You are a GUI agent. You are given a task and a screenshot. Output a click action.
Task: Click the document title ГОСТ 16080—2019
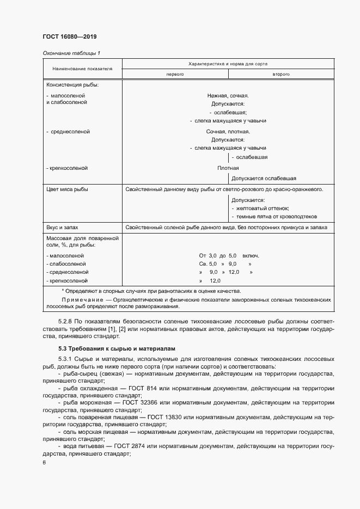point(69,36)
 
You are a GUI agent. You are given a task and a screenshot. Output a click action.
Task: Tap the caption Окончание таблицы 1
point(71,53)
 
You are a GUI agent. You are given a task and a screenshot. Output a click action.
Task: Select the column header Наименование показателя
point(82,69)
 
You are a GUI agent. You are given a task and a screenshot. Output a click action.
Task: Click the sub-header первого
point(175,73)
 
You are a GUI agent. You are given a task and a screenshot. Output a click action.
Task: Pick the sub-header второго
point(280,73)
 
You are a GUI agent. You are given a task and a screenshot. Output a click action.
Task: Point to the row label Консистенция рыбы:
point(72,85)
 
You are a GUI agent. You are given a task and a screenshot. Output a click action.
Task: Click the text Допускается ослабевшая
point(264,178)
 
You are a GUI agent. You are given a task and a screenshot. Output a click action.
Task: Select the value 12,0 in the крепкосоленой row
point(215,280)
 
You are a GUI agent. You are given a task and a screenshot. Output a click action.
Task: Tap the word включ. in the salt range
point(251,255)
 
